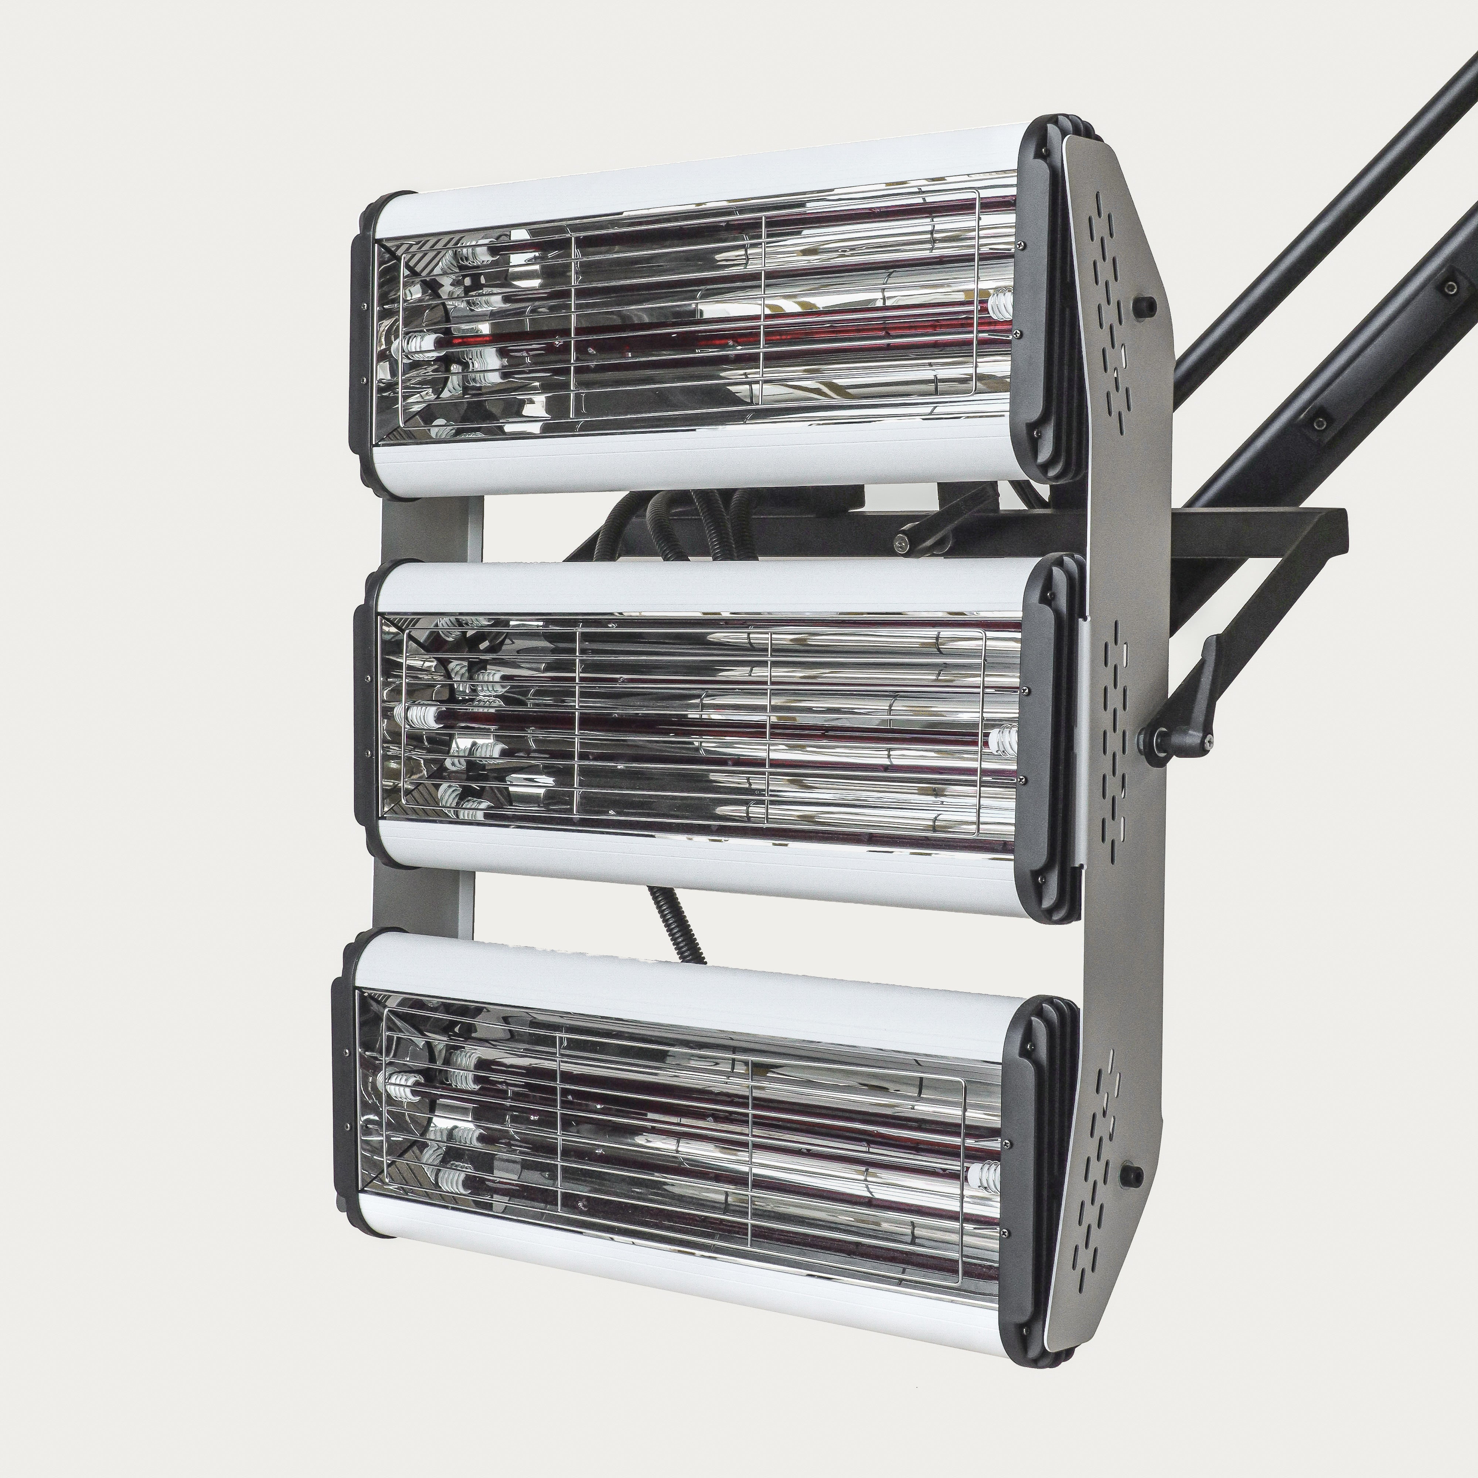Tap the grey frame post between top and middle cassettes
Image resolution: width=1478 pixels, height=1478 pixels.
(428, 528)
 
